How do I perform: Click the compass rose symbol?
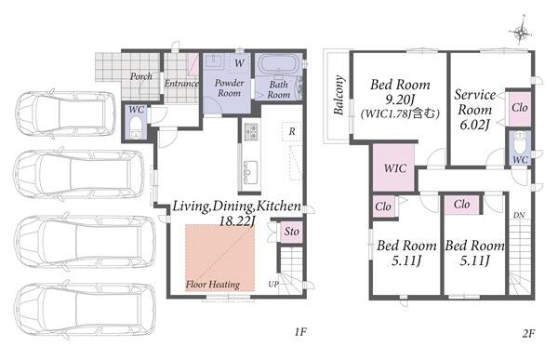point(521,33)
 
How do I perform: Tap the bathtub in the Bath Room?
point(278,64)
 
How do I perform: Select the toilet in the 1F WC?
point(136,127)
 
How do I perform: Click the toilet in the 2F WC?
point(520,140)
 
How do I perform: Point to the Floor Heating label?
point(212,284)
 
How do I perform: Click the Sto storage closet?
point(291,232)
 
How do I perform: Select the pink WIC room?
point(393,167)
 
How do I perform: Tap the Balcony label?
point(339,95)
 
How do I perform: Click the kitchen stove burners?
point(250,131)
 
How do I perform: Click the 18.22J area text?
point(236,221)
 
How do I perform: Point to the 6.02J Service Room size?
point(474,125)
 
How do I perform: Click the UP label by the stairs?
point(272,284)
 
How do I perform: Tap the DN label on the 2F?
point(519,216)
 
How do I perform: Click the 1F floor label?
point(300,332)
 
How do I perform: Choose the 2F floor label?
point(528,334)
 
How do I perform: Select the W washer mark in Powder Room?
point(240,63)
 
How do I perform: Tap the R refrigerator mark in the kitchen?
point(292,131)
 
